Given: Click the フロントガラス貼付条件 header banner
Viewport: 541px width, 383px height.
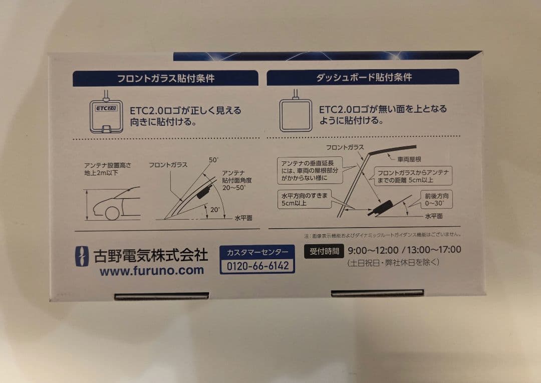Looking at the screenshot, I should pos(165,78).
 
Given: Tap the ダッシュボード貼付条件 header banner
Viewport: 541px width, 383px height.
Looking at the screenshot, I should pos(363,77).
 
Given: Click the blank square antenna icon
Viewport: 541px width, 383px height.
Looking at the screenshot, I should pos(295,115).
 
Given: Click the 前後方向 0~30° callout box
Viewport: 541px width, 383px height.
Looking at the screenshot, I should pos(436,200).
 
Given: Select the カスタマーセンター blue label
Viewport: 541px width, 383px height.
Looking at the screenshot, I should pos(257,252).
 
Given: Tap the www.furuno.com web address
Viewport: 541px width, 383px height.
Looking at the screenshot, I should pos(151,271).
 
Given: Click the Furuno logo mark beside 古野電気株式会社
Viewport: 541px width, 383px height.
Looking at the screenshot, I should pos(82,256).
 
